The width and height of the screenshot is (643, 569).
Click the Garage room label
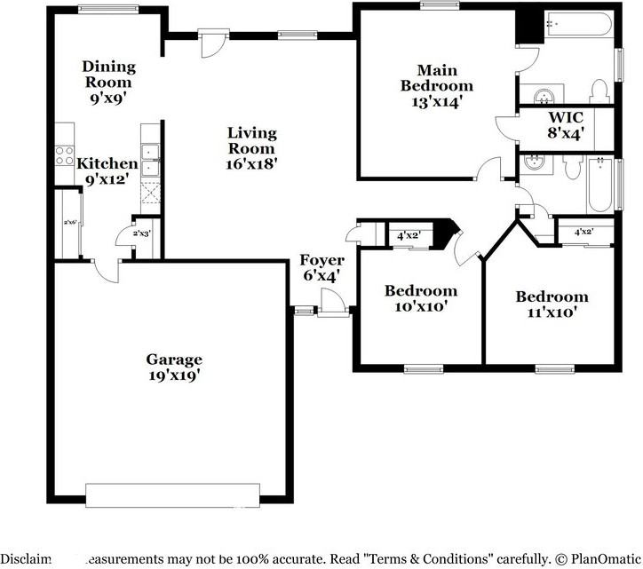(x=174, y=360)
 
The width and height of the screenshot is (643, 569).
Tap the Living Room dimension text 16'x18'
(x=252, y=163)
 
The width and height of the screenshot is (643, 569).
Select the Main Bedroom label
(x=436, y=78)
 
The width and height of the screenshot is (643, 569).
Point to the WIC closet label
(x=564, y=117)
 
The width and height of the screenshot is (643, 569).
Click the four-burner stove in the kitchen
(x=65, y=156)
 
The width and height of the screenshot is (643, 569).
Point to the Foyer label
(x=321, y=260)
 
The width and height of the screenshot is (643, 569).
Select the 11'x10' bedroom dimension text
(x=552, y=312)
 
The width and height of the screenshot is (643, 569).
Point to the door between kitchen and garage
(x=106, y=270)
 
